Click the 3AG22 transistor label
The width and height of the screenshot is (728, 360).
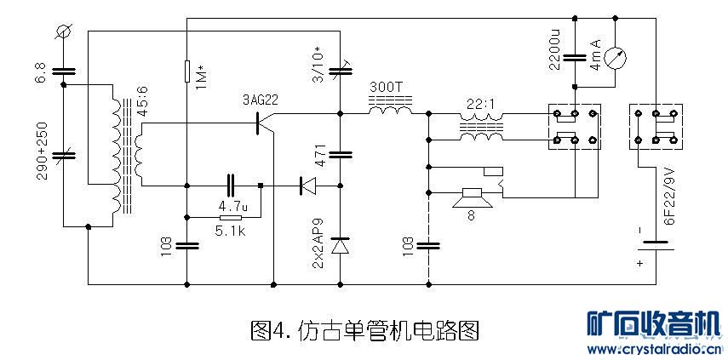(261, 100)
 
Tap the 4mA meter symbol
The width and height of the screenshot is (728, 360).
(618, 59)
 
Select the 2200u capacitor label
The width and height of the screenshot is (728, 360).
(555, 50)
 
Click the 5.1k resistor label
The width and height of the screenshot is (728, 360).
(232, 230)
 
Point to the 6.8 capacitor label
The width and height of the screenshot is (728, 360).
(40, 72)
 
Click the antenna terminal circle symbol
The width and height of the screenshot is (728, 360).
(61, 32)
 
